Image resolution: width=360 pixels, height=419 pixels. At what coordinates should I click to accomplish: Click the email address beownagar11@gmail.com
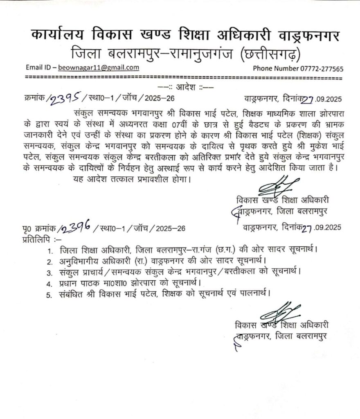click(x=99, y=68)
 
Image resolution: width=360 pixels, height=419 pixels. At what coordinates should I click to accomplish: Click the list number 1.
click(x=49, y=250)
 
